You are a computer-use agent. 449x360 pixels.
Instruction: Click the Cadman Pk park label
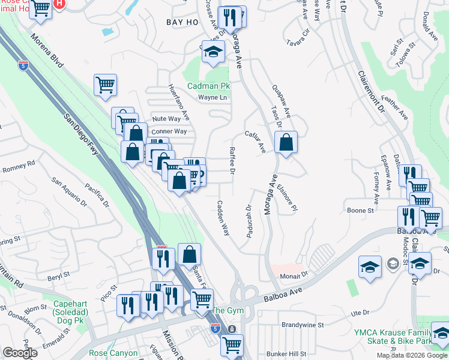(208, 86)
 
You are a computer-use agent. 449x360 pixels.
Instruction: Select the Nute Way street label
(166, 119)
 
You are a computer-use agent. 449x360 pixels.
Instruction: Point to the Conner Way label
(169, 131)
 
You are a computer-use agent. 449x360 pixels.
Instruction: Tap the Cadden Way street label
(223, 217)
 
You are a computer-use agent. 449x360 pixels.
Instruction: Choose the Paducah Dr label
(249, 221)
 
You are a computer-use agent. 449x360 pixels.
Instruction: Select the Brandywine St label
(303, 325)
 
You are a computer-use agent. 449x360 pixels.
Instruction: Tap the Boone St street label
(361, 211)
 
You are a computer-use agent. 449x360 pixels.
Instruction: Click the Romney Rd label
(19, 166)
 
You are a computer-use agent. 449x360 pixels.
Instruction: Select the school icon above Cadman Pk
(212, 52)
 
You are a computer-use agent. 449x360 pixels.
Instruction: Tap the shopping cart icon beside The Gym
(202, 299)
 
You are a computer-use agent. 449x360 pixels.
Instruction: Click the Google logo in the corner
(20, 353)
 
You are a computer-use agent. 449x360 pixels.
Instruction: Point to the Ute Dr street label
(359, 313)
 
